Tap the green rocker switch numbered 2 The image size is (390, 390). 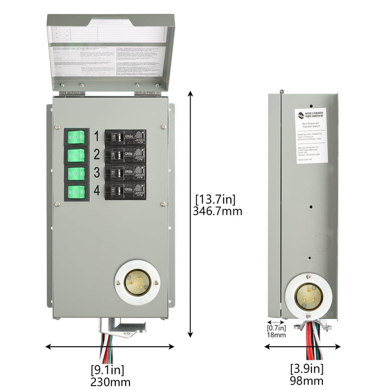(76, 155)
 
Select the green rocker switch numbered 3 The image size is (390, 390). (76, 174)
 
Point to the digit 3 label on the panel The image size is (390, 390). (96, 173)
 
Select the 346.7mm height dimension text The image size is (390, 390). (218, 211)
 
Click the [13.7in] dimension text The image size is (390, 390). (217, 198)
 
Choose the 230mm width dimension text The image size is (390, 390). (110, 382)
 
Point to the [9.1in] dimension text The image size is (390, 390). (107, 370)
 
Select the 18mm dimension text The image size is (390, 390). (276, 335)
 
